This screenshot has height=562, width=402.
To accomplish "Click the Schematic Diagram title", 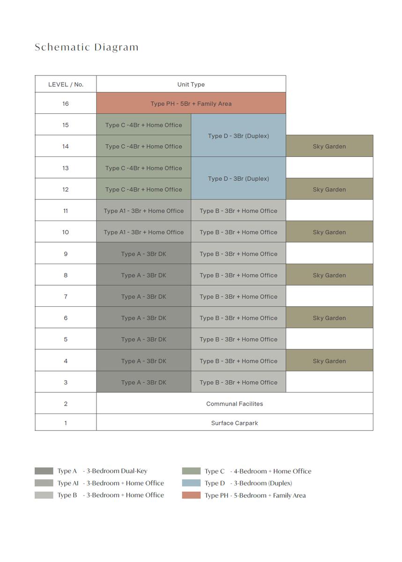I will click(87, 47).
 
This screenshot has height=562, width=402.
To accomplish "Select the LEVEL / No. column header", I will click(66, 84).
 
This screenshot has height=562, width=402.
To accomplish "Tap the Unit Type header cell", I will click(191, 84).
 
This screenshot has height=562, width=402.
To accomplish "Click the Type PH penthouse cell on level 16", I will click(191, 104).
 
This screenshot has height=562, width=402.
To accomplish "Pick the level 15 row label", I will click(66, 125).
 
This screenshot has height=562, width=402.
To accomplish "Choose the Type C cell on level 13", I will click(143, 168).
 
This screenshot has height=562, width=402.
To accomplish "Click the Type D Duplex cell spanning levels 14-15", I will click(238, 136).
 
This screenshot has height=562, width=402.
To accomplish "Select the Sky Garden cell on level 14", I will click(329, 147).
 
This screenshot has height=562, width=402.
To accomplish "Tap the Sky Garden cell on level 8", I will click(329, 275).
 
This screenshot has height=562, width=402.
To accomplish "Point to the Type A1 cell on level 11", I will click(143, 211).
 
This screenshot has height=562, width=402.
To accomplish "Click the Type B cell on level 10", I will click(238, 232).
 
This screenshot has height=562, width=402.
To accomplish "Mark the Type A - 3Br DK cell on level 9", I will click(143, 254).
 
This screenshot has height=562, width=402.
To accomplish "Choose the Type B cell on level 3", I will click(238, 383).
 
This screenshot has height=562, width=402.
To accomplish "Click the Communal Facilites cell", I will click(234, 404).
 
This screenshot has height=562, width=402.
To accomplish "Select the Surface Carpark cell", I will click(234, 423).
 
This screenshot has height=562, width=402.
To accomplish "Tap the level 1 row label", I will click(66, 423).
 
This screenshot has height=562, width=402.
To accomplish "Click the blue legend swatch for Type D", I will click(191, 483).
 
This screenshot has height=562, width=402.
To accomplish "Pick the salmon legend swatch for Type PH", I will click(191, 495).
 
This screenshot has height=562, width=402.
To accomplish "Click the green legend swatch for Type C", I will click(191, 471).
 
